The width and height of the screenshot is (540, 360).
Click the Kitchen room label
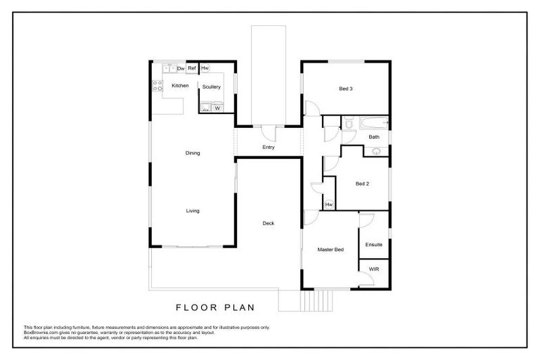(181, 86)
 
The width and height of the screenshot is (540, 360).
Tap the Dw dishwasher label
(181, 68)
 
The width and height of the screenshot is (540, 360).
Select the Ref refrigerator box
(191, 68)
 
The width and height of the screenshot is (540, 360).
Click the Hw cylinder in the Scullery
(205, 68)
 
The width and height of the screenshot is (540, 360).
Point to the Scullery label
(212, 86)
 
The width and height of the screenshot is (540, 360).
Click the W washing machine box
(217, 108)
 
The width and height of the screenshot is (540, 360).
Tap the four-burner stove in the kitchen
(157, 86)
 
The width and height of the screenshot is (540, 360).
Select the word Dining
(193, 153)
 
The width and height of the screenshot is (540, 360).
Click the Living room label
(193, 210)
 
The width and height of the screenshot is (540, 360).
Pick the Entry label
(268, 148)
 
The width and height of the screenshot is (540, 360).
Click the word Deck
(268, 224)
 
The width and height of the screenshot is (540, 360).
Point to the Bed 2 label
(362, 184)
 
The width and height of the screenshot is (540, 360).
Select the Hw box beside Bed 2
(328, 204)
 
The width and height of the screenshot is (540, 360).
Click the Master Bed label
(330, 250)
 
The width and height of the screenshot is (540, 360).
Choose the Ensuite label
(373, 245)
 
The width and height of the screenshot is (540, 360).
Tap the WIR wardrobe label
(373, 269)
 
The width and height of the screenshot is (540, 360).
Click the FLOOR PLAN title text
(214, 307)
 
